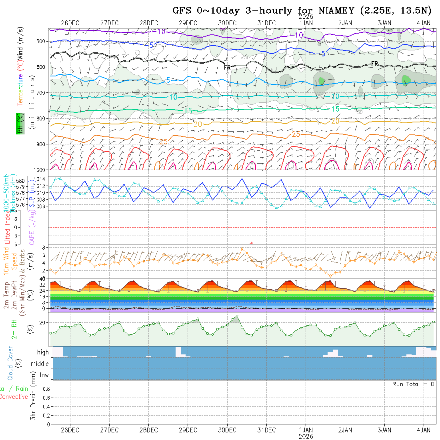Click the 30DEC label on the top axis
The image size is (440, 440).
pos(227,23)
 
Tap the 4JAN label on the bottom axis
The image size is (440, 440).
pos(424,430)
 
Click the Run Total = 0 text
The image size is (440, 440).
pos(413,384)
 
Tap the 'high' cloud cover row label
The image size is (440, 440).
pos(43,352)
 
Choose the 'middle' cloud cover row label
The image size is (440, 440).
pos(40,364)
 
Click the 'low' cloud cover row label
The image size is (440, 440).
pos(44,375)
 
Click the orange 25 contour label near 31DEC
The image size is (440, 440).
pos(296,134)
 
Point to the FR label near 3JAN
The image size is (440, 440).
pos(374,64)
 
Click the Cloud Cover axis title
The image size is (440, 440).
pos(10,363)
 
